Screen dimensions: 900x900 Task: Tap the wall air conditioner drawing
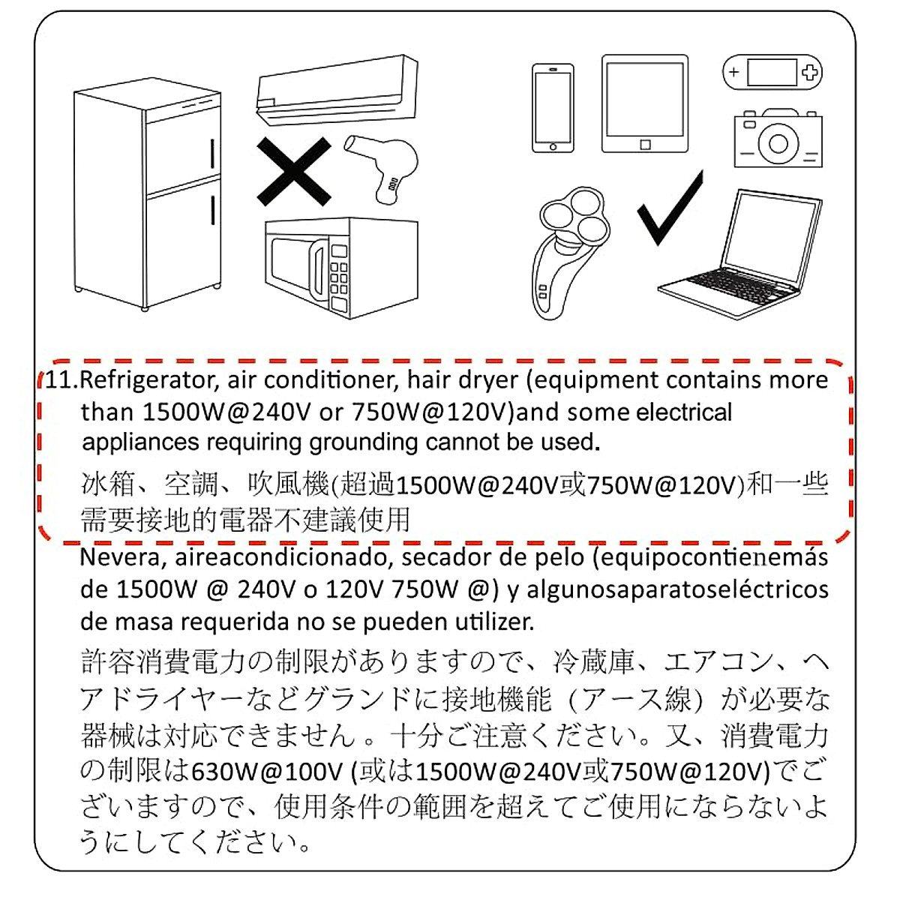point(336,90)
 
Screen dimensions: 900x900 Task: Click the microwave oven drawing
point(341,268)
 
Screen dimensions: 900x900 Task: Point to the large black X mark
point(293,171)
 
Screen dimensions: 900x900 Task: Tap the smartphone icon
point(553,108)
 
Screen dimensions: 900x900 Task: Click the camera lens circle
point(778,142)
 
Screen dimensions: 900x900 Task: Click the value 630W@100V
point(267,770)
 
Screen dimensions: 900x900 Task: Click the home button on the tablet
point(645,145)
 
